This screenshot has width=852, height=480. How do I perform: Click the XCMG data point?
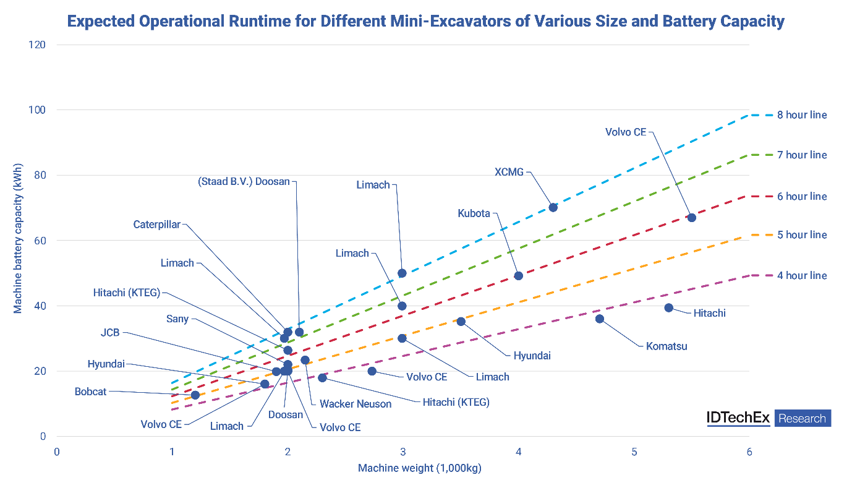point(553,207)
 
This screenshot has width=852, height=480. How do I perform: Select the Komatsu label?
point(667,346)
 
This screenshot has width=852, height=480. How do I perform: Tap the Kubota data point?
point(519,276)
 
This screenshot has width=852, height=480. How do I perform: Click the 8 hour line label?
point(802,115)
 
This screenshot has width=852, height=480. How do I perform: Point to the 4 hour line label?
point(802,275)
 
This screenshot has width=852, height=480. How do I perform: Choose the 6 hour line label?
point(802,196)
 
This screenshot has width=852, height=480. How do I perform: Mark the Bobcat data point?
point(195,395)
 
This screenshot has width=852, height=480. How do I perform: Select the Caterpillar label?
point(157,225)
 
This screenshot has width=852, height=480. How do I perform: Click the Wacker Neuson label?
point(356,404)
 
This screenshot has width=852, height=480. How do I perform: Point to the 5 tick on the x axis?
point(634,452)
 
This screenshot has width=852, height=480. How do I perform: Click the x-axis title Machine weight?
point(419,468)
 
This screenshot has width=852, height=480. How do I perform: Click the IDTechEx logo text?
point(738,418)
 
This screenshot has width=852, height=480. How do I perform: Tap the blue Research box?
point(802,418)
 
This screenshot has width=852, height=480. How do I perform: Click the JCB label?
point(110,333)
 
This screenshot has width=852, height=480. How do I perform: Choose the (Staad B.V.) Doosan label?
point(244,182)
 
